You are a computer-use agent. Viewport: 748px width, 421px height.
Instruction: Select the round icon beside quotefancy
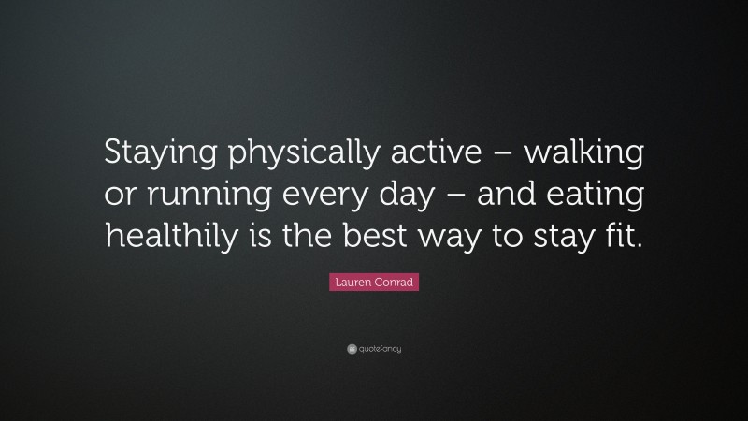[x=351, y=349]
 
